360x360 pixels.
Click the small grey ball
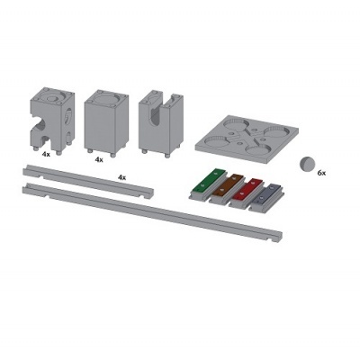(x=308, y=163)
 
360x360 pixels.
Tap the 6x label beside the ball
(x=321, y=172)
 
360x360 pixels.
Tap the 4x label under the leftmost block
(x=46, y=154)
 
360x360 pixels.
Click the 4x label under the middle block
(x=99, y=158)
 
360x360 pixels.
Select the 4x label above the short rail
(x=122, y=177)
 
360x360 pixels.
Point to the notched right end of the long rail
(x=274, y=236)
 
